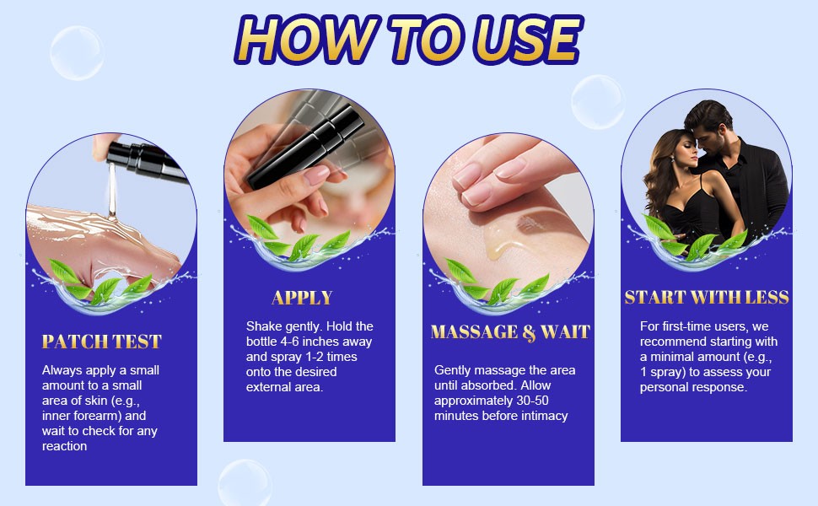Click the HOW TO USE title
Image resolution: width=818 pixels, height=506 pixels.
point(409,40)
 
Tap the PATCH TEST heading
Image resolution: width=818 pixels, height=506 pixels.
point(102,342)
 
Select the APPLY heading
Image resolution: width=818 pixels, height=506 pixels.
point(302,298)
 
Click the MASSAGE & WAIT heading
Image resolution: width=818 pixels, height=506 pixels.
point(510,332)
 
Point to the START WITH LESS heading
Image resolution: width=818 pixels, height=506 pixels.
point(707,298)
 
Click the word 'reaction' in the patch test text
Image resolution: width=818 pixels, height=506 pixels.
point(64,446)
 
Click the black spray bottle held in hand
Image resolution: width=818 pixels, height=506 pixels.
point(306,147)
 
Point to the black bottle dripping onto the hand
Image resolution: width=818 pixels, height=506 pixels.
point(147,160)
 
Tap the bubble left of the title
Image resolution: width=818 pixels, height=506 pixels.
point(78,53)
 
